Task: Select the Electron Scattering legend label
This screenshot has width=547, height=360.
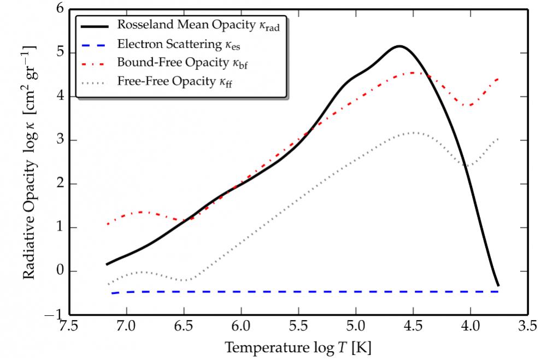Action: tap(178, 44)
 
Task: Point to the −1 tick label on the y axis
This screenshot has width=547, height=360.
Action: tap(56, 316)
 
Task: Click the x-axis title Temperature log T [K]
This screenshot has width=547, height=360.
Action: tap(298, 347)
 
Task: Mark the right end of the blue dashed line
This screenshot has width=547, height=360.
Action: tap(498, 292)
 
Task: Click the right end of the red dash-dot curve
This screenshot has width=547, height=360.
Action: tap(498, 79)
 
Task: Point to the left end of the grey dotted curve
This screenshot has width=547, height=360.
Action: tap(108, 284)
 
